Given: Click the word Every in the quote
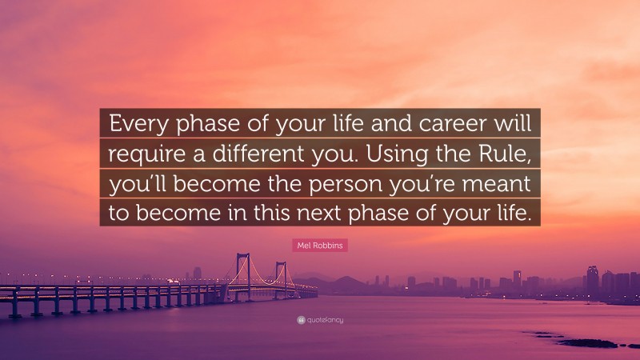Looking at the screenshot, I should pyautogui.click(x=138, y=124).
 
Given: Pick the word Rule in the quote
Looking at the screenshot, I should pyautogui.click(x=502, y=153).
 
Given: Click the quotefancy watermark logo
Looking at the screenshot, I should pyautogui.click(x=319, y=320).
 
